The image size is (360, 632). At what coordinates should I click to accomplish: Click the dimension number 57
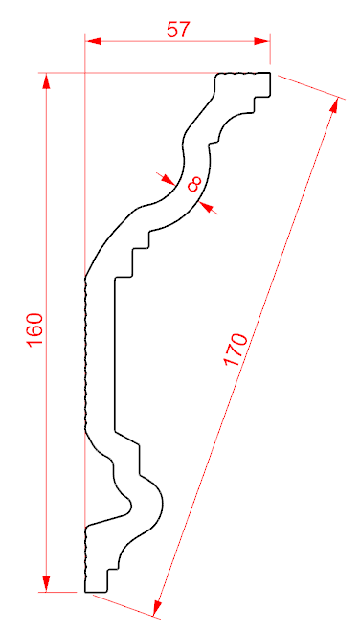pyautogui.click(x=178, y=30)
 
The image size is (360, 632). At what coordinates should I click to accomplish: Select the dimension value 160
pyautogui.click(x=35, y=329)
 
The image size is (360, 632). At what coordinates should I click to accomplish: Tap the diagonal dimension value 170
pyautogui.click(x=236, y=350)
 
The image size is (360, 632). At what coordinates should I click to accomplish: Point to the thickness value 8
pyautogui.click(x=194, y=185)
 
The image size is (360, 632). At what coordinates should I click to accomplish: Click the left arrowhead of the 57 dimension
pyautogui.click(x=93, y=41)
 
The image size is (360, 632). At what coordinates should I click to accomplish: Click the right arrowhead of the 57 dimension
pyautogui.click(x=262, y=41)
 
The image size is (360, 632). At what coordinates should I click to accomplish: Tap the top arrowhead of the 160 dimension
pyautogui.click(x=46, y=81)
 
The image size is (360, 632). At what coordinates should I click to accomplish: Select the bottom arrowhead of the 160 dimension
pyautogui.click(x=46, y=584)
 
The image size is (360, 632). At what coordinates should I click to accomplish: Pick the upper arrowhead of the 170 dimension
pyautogui.click(x=334, y=104)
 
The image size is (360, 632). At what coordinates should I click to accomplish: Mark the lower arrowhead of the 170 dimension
pyautogui.click(x=158, y=608)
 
